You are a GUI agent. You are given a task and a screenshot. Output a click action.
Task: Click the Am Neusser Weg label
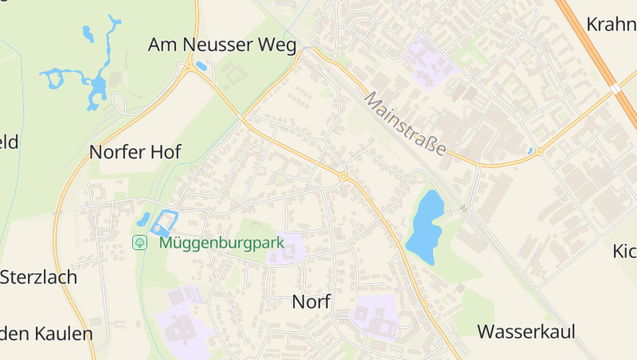coord(222,45)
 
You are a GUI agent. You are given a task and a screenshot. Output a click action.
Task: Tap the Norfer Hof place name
coord(135,152)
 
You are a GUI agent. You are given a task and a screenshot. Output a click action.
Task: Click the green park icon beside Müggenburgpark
coord(140,242)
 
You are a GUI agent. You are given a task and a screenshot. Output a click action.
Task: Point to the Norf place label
coord(311,301)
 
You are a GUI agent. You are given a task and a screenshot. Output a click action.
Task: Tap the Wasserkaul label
coord(526,331)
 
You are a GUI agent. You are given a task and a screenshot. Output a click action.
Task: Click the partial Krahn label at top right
coord(611,24)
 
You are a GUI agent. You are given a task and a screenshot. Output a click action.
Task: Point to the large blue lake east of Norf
coord(424,226)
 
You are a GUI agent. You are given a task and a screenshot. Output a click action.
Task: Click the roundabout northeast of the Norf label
coord(343,176)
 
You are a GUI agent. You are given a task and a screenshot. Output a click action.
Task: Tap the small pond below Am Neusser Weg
coord(201,67)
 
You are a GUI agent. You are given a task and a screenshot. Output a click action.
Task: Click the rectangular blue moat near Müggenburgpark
coord(163,222)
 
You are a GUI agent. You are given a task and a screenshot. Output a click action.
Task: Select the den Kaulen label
coord(46,333)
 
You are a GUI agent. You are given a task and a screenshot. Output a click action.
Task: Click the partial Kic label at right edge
coord(624,252)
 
